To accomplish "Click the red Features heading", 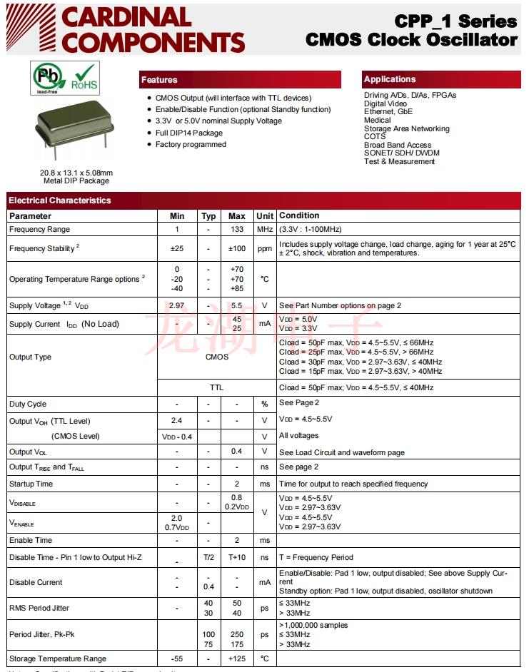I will click(159, 80).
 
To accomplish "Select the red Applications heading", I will click(389, 79).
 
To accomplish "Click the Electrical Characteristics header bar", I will click(60, 200).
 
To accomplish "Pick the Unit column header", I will click(265, 216).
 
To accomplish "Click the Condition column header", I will click(299, 215).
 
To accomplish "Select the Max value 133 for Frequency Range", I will click(237, 229).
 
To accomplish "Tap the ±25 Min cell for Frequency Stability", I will click(177, 248).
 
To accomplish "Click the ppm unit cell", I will click(265, 248).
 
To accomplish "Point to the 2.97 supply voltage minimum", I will click(177, 305).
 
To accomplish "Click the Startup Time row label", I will click(31, 484).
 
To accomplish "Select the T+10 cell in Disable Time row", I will click(237, 557).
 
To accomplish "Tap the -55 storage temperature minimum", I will click(177, 658).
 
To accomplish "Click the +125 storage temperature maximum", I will click(237, 658).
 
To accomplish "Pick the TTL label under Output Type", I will click(217, 387).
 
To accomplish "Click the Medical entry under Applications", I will click(378, 120).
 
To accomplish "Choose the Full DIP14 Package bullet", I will click(189, 133).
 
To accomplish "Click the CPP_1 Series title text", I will click(455, 21).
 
